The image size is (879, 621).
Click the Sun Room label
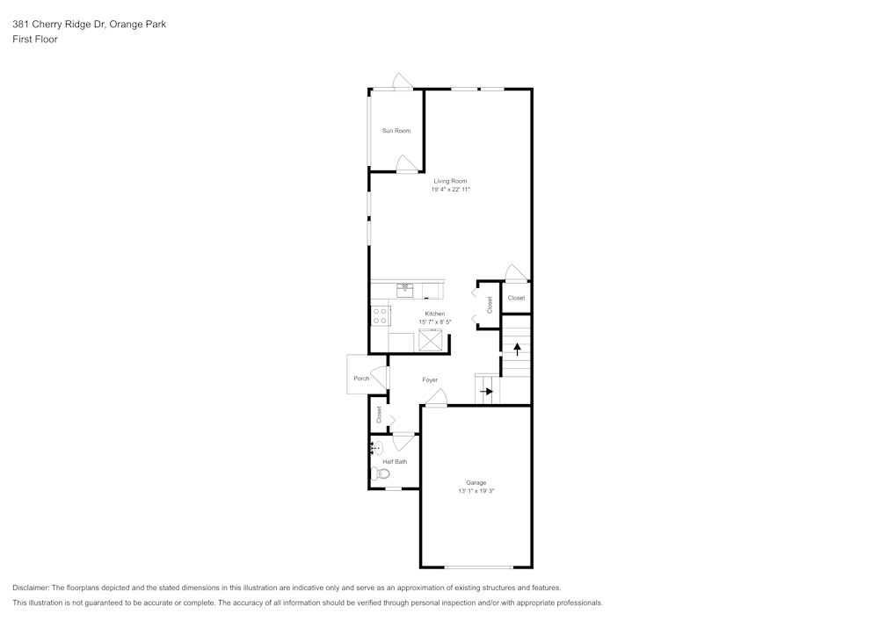pyautogui.click(x=396, y=131)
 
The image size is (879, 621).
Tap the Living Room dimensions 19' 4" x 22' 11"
pyautogui.click(x=450, y=190)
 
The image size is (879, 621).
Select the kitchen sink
pyautogui.click(x=405, y=289)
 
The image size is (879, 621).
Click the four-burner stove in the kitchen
pyautogui.click(x=380, y=315)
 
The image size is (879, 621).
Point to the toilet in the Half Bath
pyautogui.click(x=381, y=473)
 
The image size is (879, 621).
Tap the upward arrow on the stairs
pyautogui.click(x=517, y=348)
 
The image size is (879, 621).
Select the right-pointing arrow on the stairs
pyautogui.click(x=486, y=391)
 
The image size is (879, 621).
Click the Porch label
pyautogui.click(x=361, y=379)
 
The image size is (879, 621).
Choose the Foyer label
pyautogui.click(x=430, y=380)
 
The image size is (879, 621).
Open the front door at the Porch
pyautogui.click(x=381, y=377)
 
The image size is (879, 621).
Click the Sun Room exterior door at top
pyautogui.click(x=403, y=83)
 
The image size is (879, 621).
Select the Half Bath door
pyautogui.click(x=403, y=441)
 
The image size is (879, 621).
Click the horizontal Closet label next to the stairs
pyautogui.click(x=516, y=298)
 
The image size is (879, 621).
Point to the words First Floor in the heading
pyautogui.click(x=35, y=40)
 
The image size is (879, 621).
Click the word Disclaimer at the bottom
pyautogui.click(x=31, y=588)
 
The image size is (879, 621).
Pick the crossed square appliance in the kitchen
pyautogui.click(x=431, y=341)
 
